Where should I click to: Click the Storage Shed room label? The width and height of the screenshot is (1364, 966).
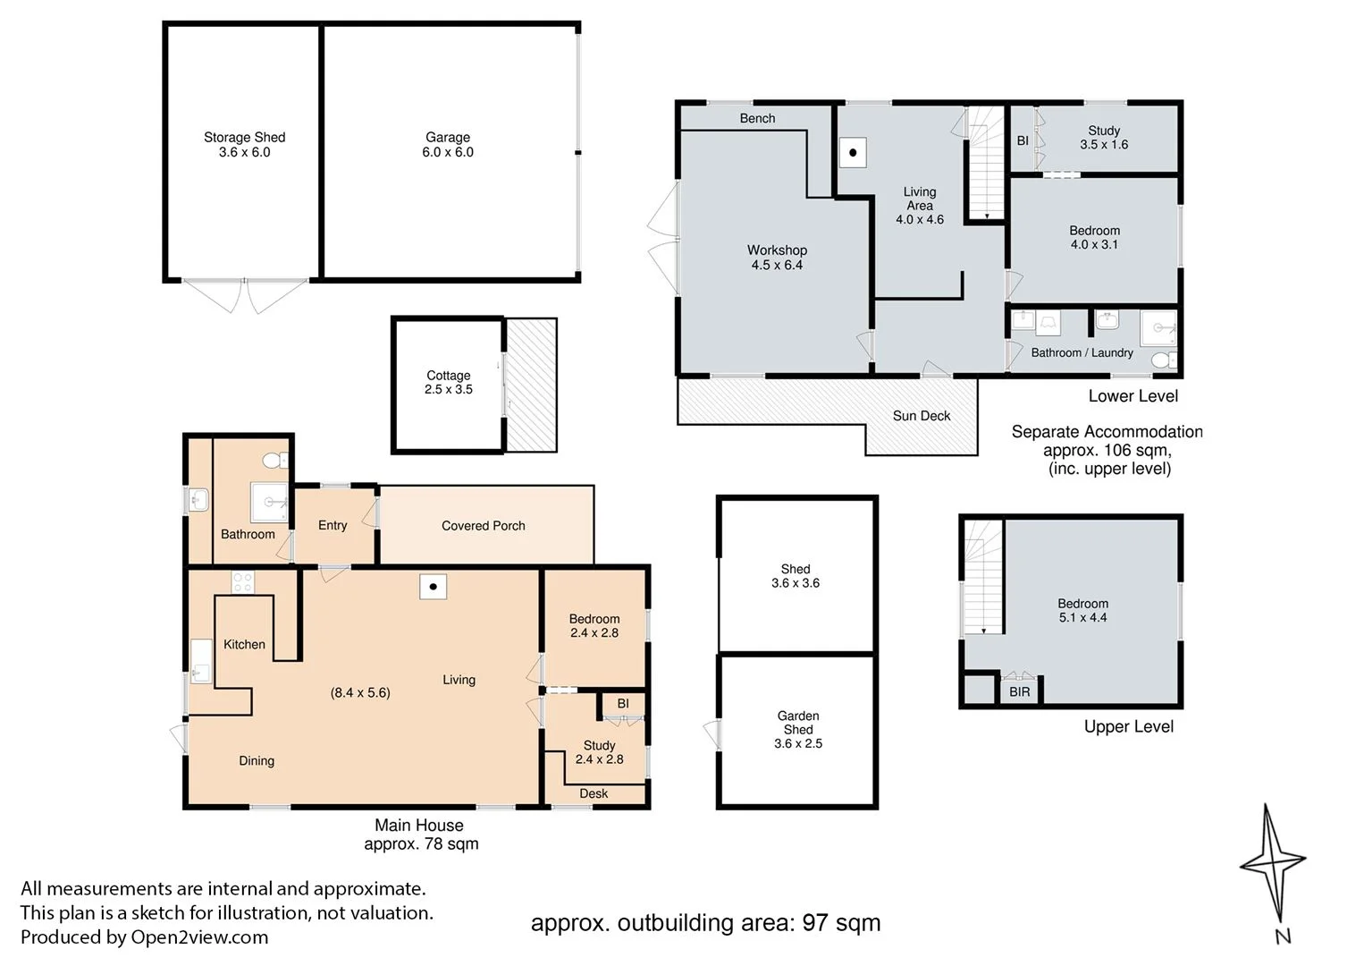tap(244, 137)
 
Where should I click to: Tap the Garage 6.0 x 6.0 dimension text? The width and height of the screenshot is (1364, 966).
tap(448, 152)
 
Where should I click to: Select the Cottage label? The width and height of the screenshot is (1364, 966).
tap(448, 376)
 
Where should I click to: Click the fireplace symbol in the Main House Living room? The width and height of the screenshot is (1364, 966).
tap(433, 587)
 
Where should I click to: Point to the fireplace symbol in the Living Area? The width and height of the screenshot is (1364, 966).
tap(853, 152)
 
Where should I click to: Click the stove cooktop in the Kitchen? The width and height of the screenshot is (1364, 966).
tap(242, 582)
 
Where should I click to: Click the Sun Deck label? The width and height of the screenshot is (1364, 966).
tap(922, 416)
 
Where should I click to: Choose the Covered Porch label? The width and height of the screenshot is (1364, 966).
tap(483, 525)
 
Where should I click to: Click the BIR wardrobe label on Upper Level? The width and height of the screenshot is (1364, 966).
tap(1019, 691)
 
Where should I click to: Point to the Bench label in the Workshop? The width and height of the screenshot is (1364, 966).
tap(757, 118)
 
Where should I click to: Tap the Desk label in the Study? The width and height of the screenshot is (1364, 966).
tap(594, 792)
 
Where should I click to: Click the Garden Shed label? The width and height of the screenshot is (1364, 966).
tap(797, 722)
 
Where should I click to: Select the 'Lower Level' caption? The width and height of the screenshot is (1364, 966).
tap(1132, 396)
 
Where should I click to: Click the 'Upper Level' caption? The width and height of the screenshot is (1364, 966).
tap(1128, 726)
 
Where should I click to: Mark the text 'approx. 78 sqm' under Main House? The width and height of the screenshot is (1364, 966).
tap(421, 844)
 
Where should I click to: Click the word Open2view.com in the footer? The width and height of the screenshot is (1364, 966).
tap(199, 937)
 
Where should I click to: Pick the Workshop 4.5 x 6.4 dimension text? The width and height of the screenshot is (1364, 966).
tap(777, 265)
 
